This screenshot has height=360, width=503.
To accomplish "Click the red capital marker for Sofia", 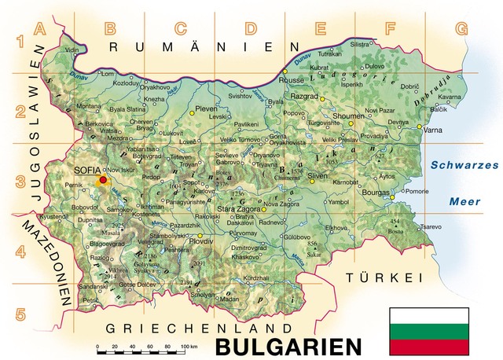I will [x=103, y=180].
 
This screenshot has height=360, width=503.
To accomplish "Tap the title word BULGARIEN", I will [x=288, y=345].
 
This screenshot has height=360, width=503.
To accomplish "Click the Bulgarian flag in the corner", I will [x=429, y=330].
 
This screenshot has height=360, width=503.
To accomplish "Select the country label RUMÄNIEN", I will [x=200, y=48].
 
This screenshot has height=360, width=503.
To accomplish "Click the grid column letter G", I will [x=461, y=29].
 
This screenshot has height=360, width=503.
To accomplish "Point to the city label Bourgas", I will [x=376, y=192].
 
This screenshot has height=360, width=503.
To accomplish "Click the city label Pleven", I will [x=205, y=108].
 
